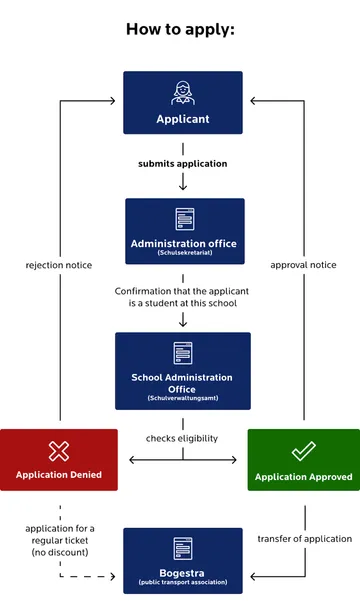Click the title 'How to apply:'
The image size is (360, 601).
(x=180, y=28)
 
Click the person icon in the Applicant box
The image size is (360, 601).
(x=182, y=93)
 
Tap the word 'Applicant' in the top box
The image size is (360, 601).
(x=182, y=119)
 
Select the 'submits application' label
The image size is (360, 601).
(x=182, y=163)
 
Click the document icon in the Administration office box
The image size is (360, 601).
(x=184, y=219)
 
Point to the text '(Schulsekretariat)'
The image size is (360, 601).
(x=184, y=253)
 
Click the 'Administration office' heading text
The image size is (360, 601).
(x=184, y=243)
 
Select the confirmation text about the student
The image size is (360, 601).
(x=182, y=296)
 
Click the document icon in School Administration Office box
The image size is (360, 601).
(x=182, y=353)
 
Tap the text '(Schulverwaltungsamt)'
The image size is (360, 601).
(x=182, y=399)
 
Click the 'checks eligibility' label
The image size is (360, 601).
(x=182, y=438)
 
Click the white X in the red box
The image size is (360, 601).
(x=59, y=451)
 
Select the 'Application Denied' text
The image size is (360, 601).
(x=59, y=476)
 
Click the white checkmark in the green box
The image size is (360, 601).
(x=303, y=451)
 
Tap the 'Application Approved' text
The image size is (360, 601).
(x=303, y=477)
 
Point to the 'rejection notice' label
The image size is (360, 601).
(x=59, y=265)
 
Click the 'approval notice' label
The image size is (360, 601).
(x=303, y=265)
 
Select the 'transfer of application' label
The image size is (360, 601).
(x=303, y=538)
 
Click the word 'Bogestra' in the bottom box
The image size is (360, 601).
(x=183, y=574)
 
